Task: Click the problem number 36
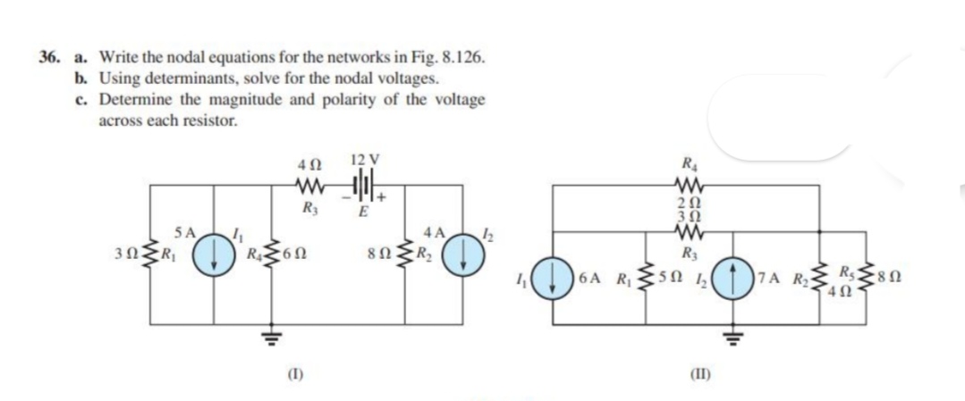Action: point(48,55)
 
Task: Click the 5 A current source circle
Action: point(213,253)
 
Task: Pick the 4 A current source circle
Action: point(467,253)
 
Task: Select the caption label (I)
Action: point(269,372)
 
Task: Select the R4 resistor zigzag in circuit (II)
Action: point(684,187)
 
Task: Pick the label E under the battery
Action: point(364,213)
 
